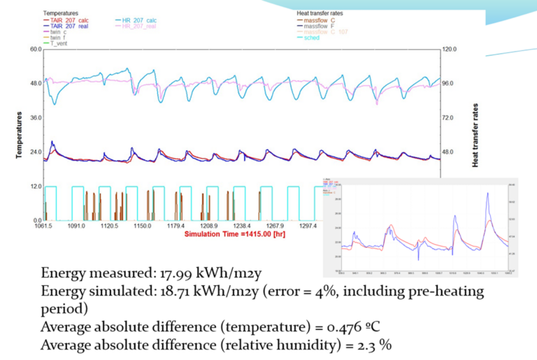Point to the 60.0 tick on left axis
point(35,50)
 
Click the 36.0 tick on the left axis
point(35,118)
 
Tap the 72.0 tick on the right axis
point(448,118)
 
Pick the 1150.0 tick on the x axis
point(143,226)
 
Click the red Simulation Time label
point(231,233)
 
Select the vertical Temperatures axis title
point(20,134)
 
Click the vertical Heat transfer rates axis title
point(475,134)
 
